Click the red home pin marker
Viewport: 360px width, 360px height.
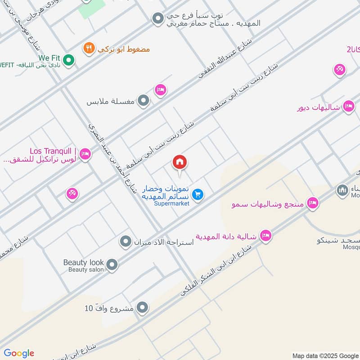[180, 163]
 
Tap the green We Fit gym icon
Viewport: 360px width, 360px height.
[68, 59]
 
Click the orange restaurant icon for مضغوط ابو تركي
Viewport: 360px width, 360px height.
[89, 48]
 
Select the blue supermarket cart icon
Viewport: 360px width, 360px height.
[197, 194]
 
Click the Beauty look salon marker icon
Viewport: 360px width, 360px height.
[112, 265]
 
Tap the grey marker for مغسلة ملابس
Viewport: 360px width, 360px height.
[143, 101]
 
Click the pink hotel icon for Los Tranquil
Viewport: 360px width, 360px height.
[85, 155]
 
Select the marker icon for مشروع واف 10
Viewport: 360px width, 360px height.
[142, 308]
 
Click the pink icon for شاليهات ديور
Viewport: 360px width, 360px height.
[348, 107]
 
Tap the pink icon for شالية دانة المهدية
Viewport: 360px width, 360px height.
[265, 236]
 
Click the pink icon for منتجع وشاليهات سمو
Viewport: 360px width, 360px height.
[312, 204]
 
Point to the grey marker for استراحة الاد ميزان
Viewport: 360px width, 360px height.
[125, 242]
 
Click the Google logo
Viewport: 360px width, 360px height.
[18, 353]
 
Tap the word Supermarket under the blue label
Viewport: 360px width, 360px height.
[171, 203]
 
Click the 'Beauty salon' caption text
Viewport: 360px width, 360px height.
[86, 270]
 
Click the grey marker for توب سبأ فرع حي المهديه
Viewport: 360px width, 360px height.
[157, 18]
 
